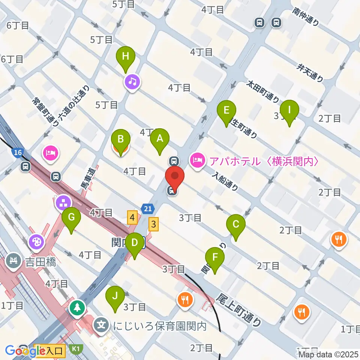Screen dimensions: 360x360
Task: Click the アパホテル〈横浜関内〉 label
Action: [264, 162]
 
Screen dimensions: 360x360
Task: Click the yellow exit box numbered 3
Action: [153, 224]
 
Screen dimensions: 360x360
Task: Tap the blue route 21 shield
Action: [147, 208]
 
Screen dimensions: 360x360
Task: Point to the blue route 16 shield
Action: [17, 152]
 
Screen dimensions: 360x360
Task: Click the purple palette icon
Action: [36, 241]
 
